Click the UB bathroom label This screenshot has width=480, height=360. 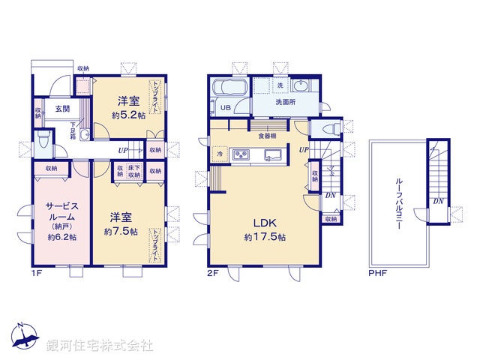[225, 108]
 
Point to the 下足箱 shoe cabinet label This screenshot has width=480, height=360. [75, 127]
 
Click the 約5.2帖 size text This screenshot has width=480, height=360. [127, 115]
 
